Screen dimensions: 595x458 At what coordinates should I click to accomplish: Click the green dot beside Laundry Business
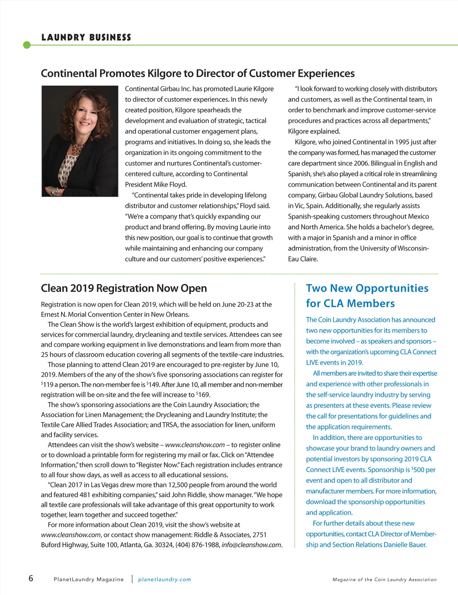click(27, 45)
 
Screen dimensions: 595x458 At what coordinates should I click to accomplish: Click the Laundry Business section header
click(86, 37)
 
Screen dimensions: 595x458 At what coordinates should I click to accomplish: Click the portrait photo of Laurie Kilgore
click(80, 141)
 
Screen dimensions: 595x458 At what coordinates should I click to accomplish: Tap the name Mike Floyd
click(170, 185)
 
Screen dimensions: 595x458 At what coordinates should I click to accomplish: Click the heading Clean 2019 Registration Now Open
click(124, 288)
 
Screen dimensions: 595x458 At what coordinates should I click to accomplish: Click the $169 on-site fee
click(203, 395)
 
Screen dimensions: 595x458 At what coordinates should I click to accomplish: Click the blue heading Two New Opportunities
click(367, 288)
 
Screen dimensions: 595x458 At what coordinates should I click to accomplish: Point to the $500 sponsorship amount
click(418, 470)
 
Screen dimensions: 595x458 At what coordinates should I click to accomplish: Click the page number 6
click(31, 578)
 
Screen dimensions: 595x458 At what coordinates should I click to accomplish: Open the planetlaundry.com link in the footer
click(164, 580)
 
